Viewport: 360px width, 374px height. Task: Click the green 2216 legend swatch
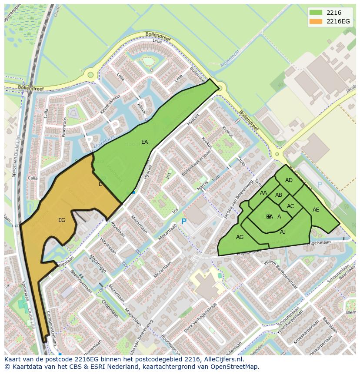point(317,13)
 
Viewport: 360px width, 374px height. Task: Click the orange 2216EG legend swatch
point(317,21)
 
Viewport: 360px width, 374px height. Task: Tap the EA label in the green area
point(144,142)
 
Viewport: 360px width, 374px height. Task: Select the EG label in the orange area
point(62,220)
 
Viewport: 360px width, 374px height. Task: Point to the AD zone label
point(289,180)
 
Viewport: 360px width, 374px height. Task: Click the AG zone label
point(240,237)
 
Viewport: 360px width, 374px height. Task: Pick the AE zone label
point(316,210)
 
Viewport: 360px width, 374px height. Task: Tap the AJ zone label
point(283,232)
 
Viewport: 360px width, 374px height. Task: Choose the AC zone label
point(290,206)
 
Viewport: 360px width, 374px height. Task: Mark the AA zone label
point(263,193)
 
